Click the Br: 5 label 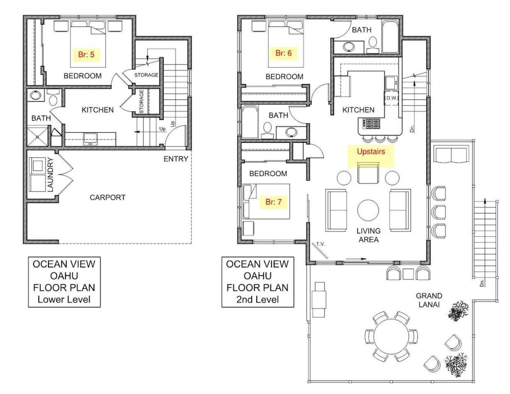(87, 55)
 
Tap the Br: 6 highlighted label (284, 53)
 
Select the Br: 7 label (273, 202)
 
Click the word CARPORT (107, 197)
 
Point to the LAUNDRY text (50, 175)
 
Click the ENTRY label (176, 159)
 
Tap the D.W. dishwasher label (391, 98)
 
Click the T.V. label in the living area (320, 244)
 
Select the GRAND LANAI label (429, 300)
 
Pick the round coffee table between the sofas (368, 210)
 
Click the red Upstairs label (371, 151)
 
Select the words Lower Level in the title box (64, 300)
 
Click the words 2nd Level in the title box (258, 300)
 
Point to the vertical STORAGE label (141, 102)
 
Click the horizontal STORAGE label (146, 75)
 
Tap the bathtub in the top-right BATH (390, 37)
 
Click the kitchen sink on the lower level (91, 139)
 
